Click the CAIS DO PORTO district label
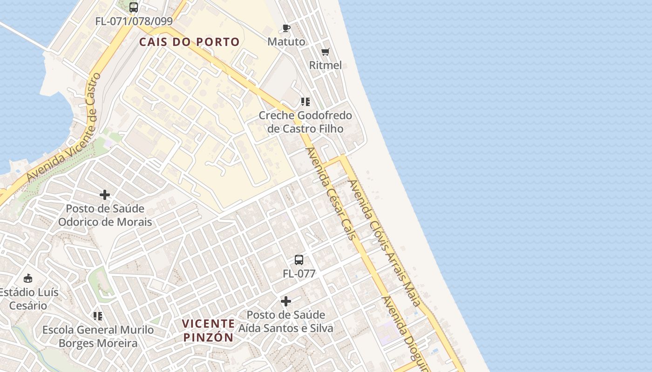pos(190,42)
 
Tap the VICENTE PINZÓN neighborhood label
pos(208,330)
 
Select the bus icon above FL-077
pos(299,260)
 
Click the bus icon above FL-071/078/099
pos(134,7)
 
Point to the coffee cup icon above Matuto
pos(286,28)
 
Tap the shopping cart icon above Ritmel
pos(326,52)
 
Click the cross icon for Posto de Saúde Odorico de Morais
pos(105,195)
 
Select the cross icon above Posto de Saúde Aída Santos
pos(286,301)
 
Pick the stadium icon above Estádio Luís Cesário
pos(28,279)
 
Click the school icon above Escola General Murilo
pos(98,316)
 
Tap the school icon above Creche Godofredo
pos(305,101)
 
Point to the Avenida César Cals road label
pos(331,193)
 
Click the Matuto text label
pos(286,42)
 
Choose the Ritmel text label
pos(326,65)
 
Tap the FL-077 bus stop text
pos(299,274)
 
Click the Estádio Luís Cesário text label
pos(29,299)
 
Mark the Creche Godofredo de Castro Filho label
pos(305,122)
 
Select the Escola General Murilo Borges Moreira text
pos(98,337)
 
